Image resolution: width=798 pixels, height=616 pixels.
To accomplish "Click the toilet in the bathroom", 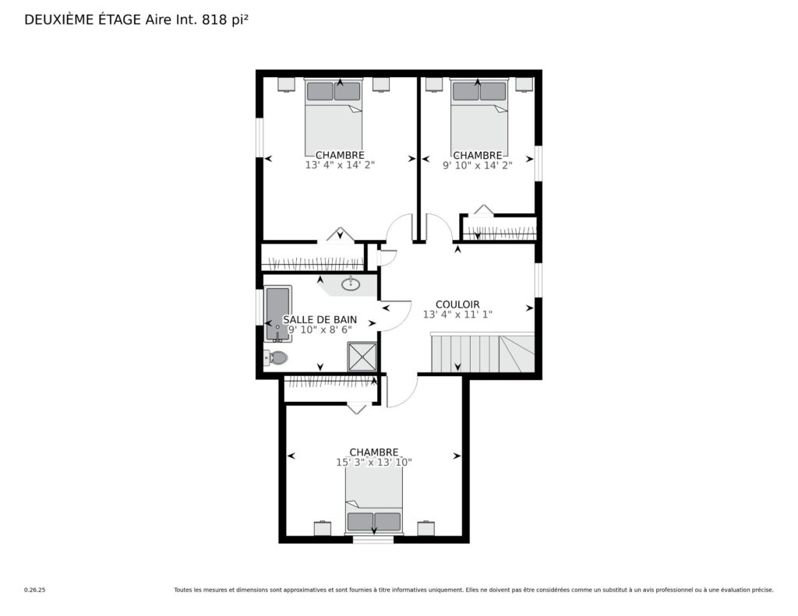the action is click(276, 357).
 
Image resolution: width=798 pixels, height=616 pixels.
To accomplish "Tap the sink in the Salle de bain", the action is click(350, 283).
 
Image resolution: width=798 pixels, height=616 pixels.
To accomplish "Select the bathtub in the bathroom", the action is click(277, 314).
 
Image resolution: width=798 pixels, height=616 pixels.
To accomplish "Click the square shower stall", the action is click(362, 357).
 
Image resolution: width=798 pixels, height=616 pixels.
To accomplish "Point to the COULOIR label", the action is click(457, 304).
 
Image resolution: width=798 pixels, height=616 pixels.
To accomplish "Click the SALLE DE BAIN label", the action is click(320, 319).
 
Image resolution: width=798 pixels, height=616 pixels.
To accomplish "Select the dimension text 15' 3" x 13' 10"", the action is click(373, 463).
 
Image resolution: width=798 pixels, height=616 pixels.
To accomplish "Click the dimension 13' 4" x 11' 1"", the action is click(457, 315).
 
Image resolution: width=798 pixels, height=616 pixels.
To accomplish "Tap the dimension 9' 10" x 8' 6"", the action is click(320, 329).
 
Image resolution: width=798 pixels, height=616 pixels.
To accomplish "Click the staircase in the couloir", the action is click(482, 353).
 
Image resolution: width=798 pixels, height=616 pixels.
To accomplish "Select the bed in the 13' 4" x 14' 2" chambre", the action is click(334, 117).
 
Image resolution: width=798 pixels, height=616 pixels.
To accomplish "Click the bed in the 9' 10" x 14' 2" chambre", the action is click(479, 117).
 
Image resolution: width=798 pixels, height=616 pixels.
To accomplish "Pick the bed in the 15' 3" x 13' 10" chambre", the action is click(374, 500).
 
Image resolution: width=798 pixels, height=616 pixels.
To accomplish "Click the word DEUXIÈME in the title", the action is click(58, 19).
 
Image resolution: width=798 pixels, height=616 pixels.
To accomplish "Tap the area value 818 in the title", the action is click(214, 19).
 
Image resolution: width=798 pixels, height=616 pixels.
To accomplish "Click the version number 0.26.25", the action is click(34, 590).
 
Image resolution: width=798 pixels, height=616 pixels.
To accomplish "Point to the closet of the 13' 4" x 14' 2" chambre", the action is click(313, 258).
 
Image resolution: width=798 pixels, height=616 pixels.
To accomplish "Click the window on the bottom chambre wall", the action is click(373, 539).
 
